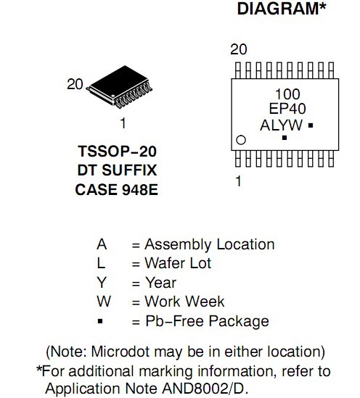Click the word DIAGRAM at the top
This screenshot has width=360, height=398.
[x=278, y=9]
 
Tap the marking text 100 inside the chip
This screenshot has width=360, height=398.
[x=287, y=94]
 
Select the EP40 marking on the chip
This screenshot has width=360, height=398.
[x=287, y=109]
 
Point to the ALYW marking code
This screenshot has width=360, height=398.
[x=281, y=125]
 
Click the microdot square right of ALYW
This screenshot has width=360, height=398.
[x=311, y=125]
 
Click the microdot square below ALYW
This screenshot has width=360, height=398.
[x=285, y=138]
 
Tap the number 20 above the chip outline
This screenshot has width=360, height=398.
[x=238, y=49]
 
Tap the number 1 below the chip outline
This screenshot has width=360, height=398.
[x=238, y=181]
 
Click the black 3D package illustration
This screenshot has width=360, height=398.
[x=119, y=87]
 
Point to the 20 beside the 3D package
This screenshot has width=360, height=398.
[x=75, y=84]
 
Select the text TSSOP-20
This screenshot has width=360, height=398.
[x=117, y=152]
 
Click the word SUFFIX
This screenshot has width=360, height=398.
[x=129, y=170]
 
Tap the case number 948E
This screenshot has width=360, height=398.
[x=140, y=190]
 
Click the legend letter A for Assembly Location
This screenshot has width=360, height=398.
[x=102, y=244]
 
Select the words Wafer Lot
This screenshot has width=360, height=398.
[x=178, y=263]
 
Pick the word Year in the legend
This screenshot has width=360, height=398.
[x=160, y=283]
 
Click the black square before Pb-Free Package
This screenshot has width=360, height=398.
[x=100, y=321]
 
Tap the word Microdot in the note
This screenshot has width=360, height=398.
[x=120, y=352]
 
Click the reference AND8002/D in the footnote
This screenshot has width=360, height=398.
[x=204, y=389]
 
